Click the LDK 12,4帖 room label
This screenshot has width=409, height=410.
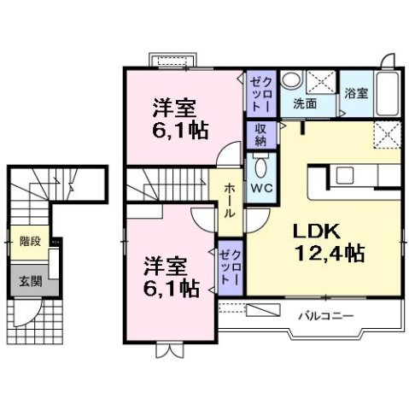(x=330, y=242)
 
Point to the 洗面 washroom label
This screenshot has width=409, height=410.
(x=305, y=103)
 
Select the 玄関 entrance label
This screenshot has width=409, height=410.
(x=30, y=281)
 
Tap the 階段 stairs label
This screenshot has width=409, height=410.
(x=31, y=242)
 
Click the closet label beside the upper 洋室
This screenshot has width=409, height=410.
(x=260, y=94)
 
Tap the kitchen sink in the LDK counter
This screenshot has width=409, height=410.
(x=349, y=176)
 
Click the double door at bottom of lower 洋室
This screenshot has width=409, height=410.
(x=170, y=350)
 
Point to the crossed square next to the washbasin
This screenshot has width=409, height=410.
(x=322, y=81)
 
